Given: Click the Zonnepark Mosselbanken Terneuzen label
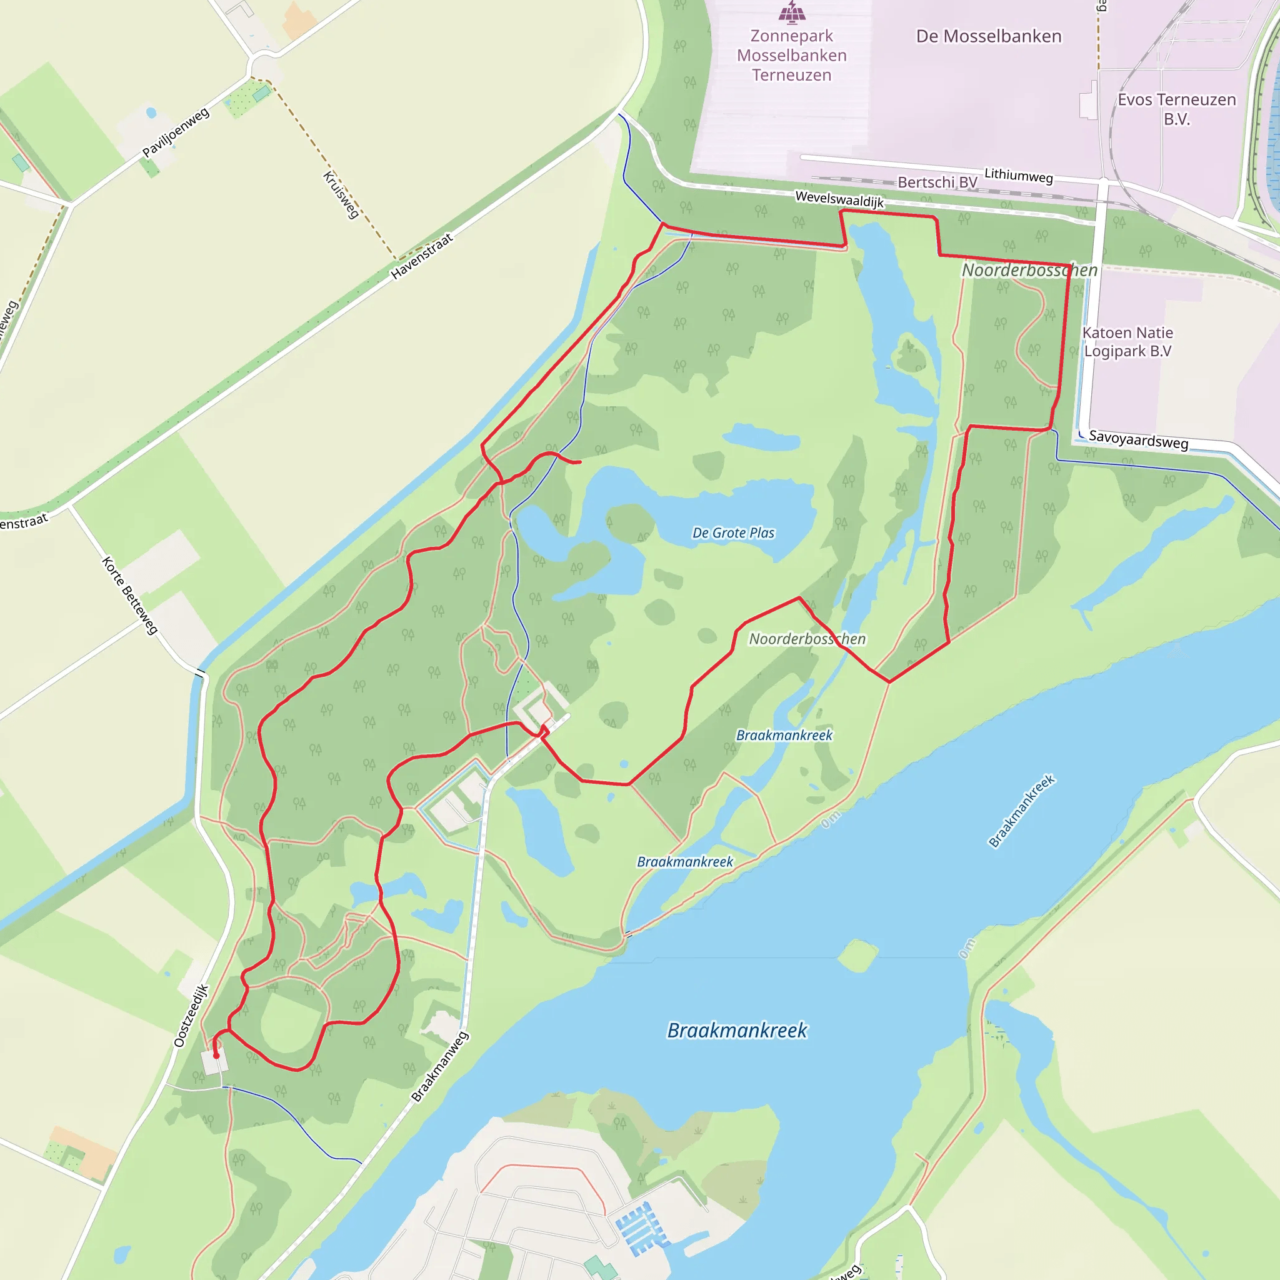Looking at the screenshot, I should (792, 55).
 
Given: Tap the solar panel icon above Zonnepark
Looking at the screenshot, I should (792, 11).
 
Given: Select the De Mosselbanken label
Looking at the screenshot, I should (989, 36).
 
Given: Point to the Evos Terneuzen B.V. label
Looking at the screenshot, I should (1177, 109).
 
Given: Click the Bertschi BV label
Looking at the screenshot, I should (937, 182).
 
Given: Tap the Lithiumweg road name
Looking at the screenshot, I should (1018, 176).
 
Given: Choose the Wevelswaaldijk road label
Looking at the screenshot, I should (839, 199).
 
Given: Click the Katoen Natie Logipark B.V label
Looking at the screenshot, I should (1127, 342).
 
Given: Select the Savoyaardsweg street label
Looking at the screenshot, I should (1138, 439).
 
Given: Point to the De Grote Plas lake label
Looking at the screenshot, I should (732, 532).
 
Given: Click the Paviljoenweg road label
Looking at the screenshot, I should (176, 132).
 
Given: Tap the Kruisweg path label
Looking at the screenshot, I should (341, 195).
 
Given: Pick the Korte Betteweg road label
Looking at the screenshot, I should (130, 595).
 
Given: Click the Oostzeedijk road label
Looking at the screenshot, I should (191, 1016).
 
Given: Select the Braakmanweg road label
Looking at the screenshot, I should (440, 1067).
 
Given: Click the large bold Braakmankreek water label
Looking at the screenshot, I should (737, 1031).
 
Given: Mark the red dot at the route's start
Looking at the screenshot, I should (216, 1056).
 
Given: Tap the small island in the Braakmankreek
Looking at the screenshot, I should (858, 956).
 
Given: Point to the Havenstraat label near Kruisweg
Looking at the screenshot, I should (421, 256).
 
